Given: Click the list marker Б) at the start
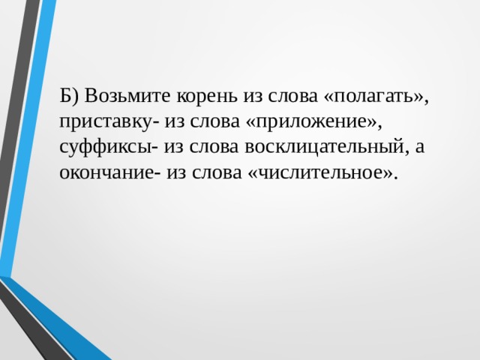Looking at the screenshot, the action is (x=69, y=95).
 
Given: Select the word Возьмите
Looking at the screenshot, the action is (x=127, y=95).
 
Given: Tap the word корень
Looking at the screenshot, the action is (x=207, y=97).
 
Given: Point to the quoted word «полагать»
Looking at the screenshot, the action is (x=373, y=97).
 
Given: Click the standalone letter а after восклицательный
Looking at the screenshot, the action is (x=420, y=148).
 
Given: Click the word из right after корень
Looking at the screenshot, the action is (x=253, y=97).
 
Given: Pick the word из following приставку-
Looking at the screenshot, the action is (x=175, y=123).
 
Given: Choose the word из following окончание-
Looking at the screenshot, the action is (x=177, y=173).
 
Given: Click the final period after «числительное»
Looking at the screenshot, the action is (x=397, y=178).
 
